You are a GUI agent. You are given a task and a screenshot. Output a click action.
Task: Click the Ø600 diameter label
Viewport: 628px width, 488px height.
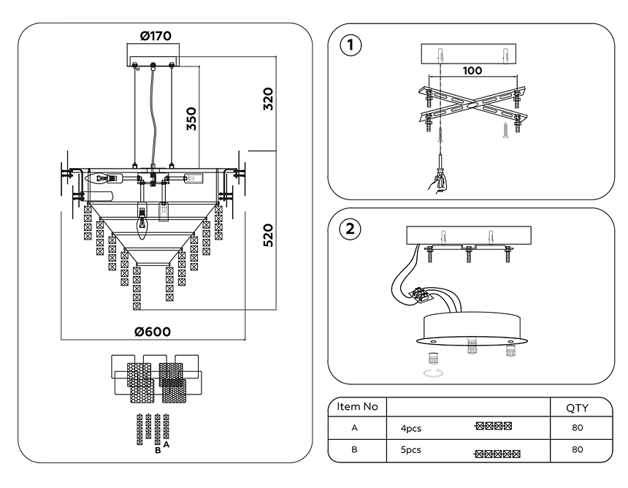153,331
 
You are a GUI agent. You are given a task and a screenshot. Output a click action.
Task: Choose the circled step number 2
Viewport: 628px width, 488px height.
351,227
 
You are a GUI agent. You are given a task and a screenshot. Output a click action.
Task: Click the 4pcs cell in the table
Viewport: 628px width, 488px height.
410,428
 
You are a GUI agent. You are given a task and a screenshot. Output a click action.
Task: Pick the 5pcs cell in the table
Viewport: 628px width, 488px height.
410,450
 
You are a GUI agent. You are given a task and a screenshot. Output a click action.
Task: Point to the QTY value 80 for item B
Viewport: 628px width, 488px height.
577,450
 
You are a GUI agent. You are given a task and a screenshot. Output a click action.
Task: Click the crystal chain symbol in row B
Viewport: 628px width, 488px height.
497,454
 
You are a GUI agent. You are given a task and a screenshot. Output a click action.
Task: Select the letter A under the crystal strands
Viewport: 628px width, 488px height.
167,444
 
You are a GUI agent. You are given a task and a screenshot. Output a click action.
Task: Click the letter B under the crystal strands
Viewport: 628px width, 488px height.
157,451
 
